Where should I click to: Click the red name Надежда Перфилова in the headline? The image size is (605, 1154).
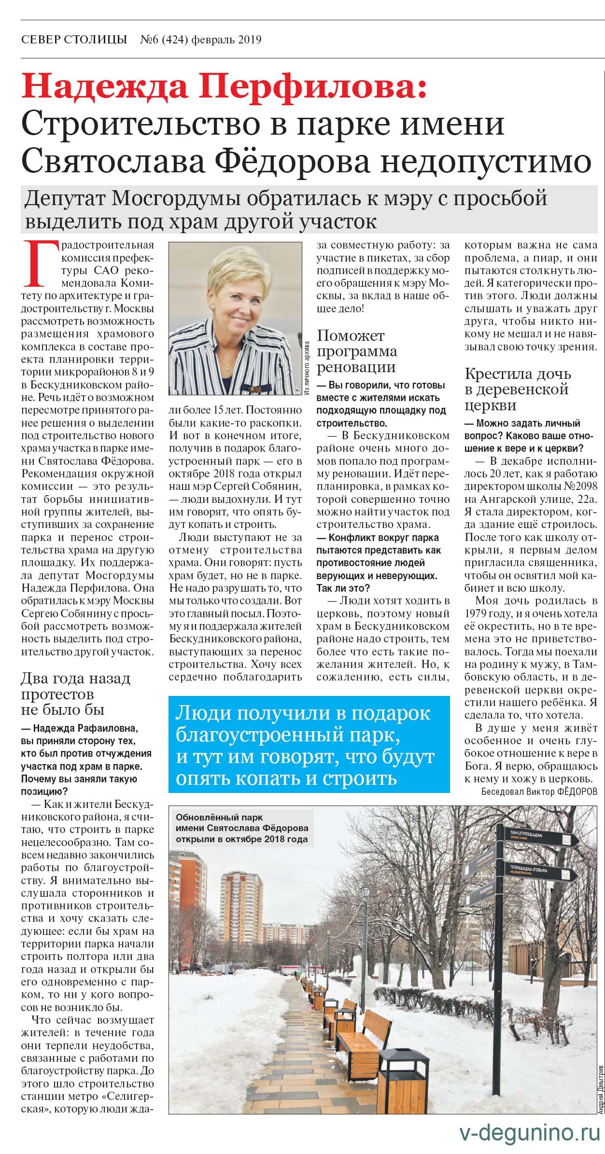[225, 87]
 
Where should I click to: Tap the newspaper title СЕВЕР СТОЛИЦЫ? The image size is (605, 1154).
[74, 40]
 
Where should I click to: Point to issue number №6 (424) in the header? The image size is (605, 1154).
[164, 40]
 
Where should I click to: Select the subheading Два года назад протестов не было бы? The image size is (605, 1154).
[75, 694]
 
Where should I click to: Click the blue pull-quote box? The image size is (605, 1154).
[309, 744]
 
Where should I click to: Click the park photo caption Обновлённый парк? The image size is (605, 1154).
[241, 827]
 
